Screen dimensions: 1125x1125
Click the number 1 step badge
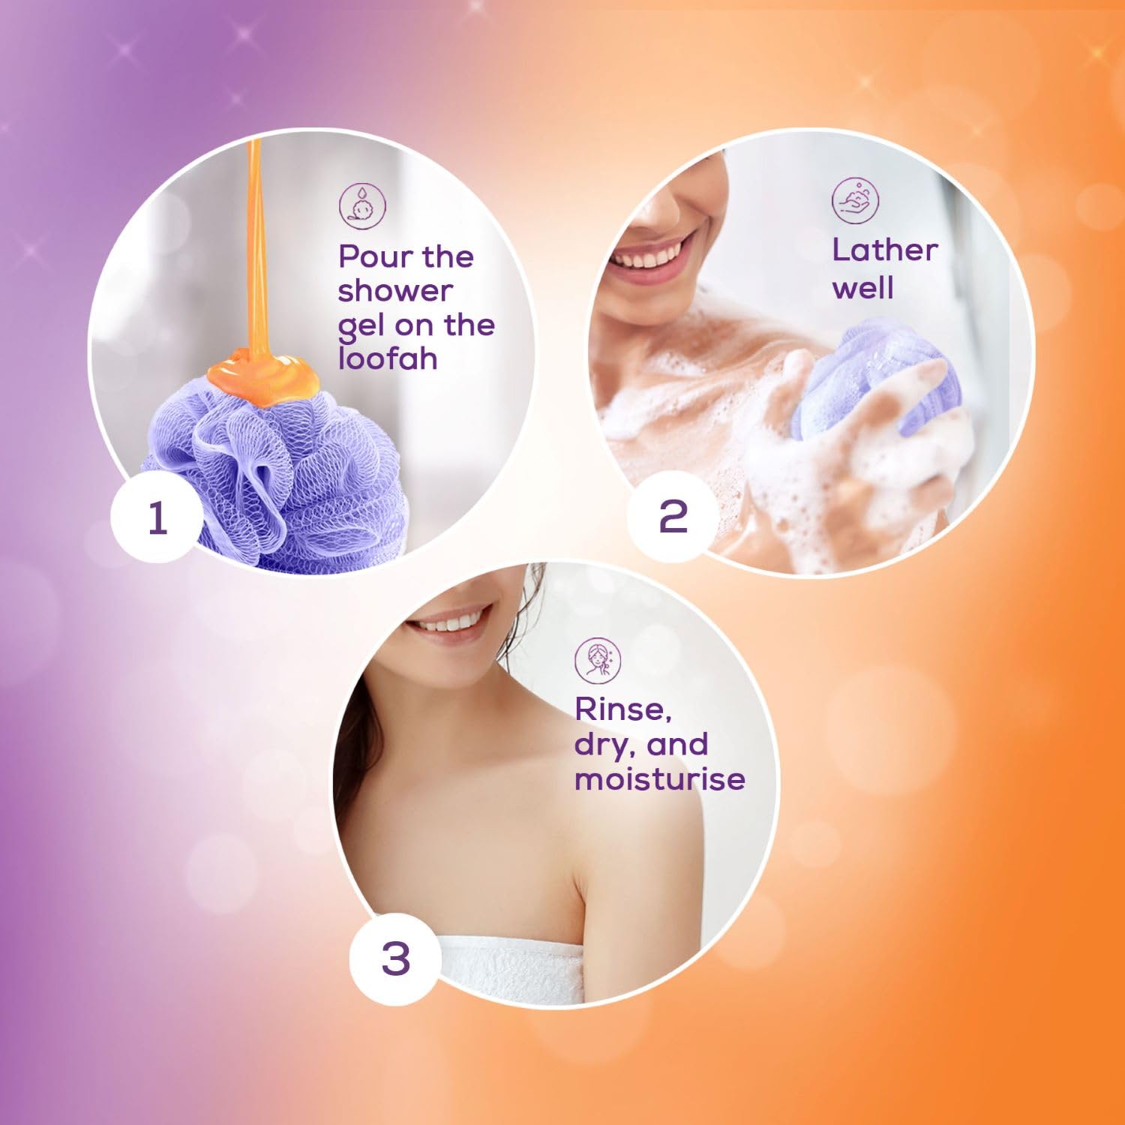click(157, 517)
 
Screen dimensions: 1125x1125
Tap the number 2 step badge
click(673, 517)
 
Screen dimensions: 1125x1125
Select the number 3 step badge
click(396, 958)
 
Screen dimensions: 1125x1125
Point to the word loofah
click(388, 358)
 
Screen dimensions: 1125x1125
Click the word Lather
click(885, 250)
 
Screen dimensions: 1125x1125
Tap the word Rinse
click(622, 709)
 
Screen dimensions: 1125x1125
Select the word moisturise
click(660, 778)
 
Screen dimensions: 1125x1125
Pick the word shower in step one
click(395, 291)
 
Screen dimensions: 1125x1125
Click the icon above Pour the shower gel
click(363, 204)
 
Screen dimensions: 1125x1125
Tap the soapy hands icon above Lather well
click(856, 199)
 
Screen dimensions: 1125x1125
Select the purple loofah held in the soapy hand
click(870, 382)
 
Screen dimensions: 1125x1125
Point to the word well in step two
click(863, 288)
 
